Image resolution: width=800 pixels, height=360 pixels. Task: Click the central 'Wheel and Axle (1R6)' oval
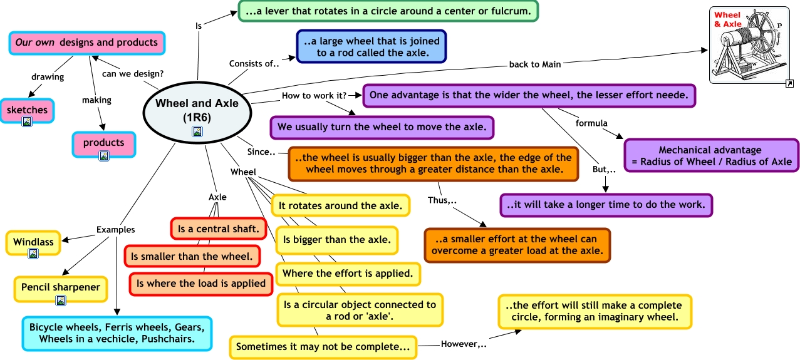point(197,109)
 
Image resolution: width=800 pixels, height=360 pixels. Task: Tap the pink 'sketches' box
point(27,110)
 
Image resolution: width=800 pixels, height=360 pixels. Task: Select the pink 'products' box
point(104,143)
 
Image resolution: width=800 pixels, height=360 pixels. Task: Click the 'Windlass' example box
point(33,242)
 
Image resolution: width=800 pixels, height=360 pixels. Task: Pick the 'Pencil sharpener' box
point(61,287)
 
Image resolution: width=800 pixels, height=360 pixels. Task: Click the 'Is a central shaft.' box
point(218,229)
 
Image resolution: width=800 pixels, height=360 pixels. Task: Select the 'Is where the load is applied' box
point(201,284)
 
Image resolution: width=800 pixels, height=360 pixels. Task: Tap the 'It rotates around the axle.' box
point(341,205)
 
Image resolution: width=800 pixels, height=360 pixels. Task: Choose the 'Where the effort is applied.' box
point(348,273)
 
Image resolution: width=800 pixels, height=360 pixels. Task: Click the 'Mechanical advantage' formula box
point(711,156)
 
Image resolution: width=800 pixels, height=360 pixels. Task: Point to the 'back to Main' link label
point(534,63)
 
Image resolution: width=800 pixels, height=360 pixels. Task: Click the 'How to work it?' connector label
point(314,96)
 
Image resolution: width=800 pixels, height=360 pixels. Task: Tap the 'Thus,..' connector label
point(442,200)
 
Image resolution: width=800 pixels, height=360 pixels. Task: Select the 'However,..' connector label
point(464,344)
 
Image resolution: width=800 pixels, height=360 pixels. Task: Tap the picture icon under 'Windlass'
point(33,254)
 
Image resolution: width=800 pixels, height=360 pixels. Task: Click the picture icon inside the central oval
point(197,131)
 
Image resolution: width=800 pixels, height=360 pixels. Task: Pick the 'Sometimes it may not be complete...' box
point(323,347)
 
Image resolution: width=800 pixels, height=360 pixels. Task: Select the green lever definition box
point(388,11)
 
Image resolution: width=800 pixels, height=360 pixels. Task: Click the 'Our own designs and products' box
point(87,43)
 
